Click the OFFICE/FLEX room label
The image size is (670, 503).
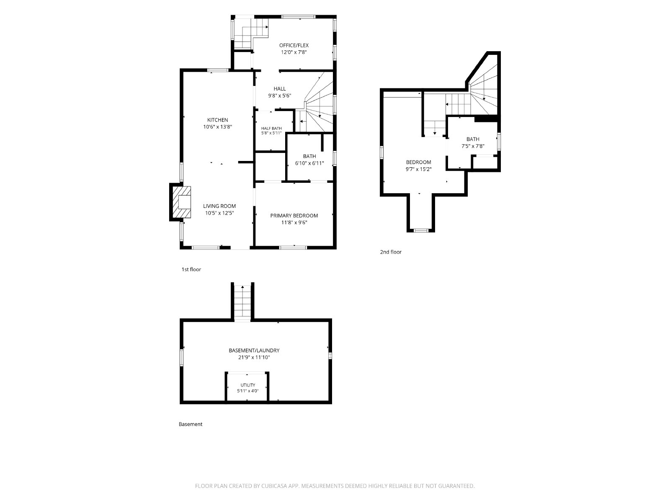(294, 45)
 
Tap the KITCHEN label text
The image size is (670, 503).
(218, 120)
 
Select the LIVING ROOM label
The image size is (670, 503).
(219, 206)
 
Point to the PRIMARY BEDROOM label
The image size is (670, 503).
(294, 215)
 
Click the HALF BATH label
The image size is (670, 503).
(271, 128)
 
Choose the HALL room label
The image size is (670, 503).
(280, 88)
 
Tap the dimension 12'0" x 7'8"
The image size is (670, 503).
(294, 52)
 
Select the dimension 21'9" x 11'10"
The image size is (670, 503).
(254, 357)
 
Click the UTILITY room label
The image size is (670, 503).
(247, 385)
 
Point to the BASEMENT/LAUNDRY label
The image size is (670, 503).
(254, 350)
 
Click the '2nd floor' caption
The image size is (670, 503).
(391, 252)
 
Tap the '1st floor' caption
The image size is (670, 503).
(191, 270)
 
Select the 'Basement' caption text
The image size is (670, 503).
(191, 424)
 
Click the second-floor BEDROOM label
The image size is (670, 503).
(418, 162)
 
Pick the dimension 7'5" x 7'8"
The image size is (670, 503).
(473, 146)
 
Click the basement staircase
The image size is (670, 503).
(242, 302)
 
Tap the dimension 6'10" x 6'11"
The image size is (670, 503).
(309, 163)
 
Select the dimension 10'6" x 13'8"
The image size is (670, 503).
(218, 127)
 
